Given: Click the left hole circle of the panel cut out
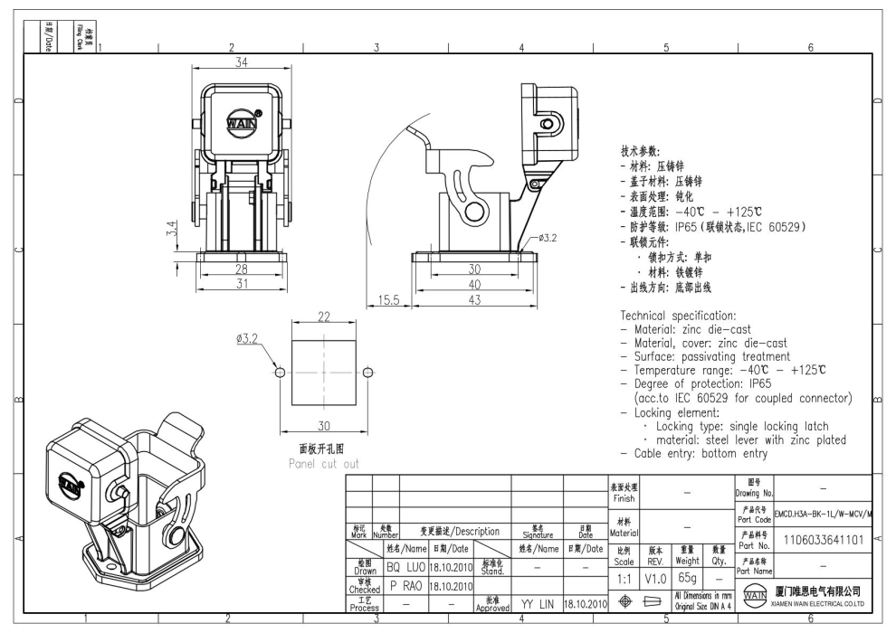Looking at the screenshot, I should (280, 373).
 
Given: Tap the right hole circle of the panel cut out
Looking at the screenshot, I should (367, 373).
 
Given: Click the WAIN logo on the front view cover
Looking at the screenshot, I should (240, 122).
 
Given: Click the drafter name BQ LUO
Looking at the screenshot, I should (405, 567).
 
